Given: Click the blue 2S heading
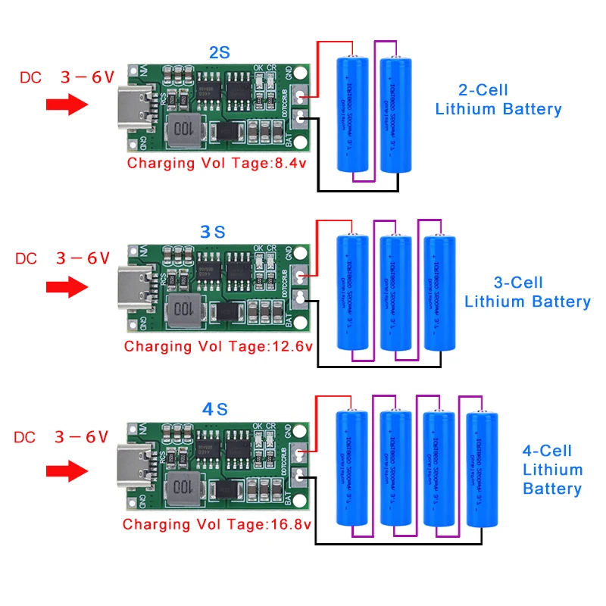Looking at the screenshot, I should [219, 53].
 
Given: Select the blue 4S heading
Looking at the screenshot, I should [214, 410].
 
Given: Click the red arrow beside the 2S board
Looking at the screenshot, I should [67, 104].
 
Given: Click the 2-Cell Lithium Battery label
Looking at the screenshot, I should [498, 99].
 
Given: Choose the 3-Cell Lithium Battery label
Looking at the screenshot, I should [526, 292].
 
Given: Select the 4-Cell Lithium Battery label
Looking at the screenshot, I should [552, 470].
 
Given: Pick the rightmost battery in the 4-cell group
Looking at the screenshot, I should [483, 470].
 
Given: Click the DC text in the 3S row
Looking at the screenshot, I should [26, 258].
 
